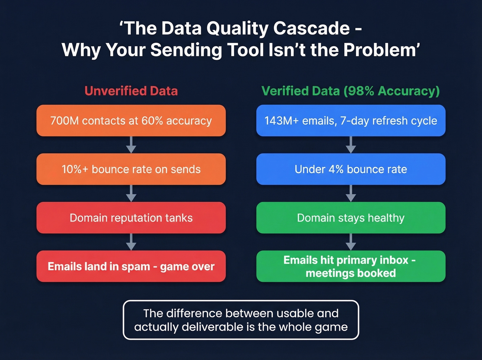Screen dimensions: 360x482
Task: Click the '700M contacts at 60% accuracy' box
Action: tap(131, 121)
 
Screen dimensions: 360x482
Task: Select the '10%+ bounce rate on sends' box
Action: tap(131, 169)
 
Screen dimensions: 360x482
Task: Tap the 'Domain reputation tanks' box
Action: tap(131, 218)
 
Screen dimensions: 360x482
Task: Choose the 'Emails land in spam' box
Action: tap(131, 266)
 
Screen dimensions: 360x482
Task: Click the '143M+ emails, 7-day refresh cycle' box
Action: tap(350, 121)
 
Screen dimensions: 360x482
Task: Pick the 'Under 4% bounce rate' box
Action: tap(350, 169)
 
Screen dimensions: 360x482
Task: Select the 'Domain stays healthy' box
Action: tap(350, 218)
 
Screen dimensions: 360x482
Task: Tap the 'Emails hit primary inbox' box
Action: tap(350, 266)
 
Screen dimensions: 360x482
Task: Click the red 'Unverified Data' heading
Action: tap(131, 91)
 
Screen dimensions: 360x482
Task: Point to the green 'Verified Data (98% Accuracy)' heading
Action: tap(350, 91)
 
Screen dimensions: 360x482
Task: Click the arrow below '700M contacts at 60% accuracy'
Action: tap(131, 145)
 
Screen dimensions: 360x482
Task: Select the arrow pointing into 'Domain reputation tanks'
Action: tap(131, 194)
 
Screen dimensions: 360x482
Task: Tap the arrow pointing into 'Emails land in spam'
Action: tap(131, 242)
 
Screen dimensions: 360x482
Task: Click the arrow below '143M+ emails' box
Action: tap(350, 145)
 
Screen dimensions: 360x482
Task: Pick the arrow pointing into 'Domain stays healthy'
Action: tap(350, 194)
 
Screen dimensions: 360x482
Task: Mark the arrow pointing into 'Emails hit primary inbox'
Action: tap(350, 242)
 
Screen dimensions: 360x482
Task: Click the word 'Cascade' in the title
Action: tap(311, 28)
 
